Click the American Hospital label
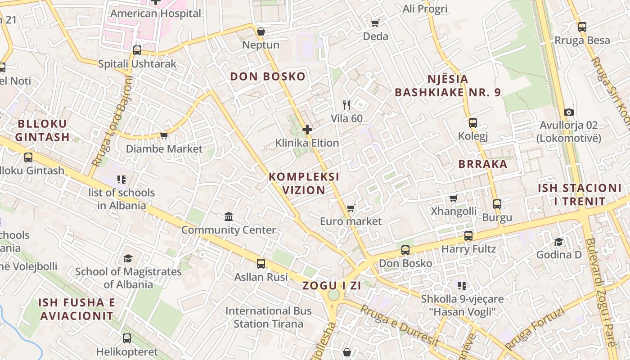pos(156,13)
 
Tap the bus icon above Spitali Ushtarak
pos(137,50)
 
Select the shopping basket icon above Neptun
pos(261,31)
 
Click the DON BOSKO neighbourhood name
pos(268,76)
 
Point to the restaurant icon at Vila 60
pos(346,105)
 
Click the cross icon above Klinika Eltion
pos(307,130)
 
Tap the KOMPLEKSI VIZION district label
pos(304,183)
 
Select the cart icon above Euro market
pos(351,208)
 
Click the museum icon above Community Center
pos(229,217)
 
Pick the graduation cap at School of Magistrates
pos(128,258)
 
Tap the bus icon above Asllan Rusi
pos(261,264)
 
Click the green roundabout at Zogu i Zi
pos(333,295)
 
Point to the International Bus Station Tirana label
pos(268,317)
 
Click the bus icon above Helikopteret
pos(127,338)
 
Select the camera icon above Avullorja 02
pos(569,112)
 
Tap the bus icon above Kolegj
pos(472,122)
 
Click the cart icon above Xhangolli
pos(454,198)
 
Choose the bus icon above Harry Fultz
pos(468,236)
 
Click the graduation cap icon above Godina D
pos(558,242)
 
